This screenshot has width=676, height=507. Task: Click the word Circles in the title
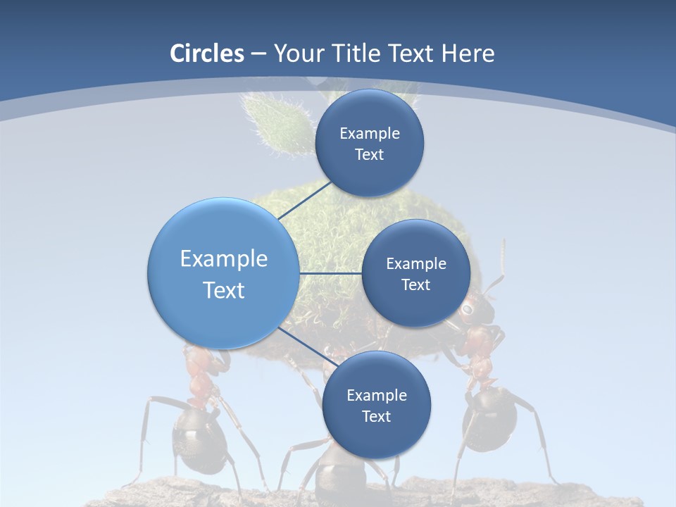click(x=206, y=54)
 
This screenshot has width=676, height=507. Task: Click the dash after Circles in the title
click(x=258, y=54)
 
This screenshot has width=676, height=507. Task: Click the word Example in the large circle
click(x=223, y=259)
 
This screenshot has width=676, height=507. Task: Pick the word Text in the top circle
click(x=369, y=155)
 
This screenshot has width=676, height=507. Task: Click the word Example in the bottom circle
click(x=376, y=395)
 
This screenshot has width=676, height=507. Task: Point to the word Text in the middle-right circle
click(x=415, y=285)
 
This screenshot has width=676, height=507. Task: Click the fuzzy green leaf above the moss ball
click(x=276, y=123)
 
